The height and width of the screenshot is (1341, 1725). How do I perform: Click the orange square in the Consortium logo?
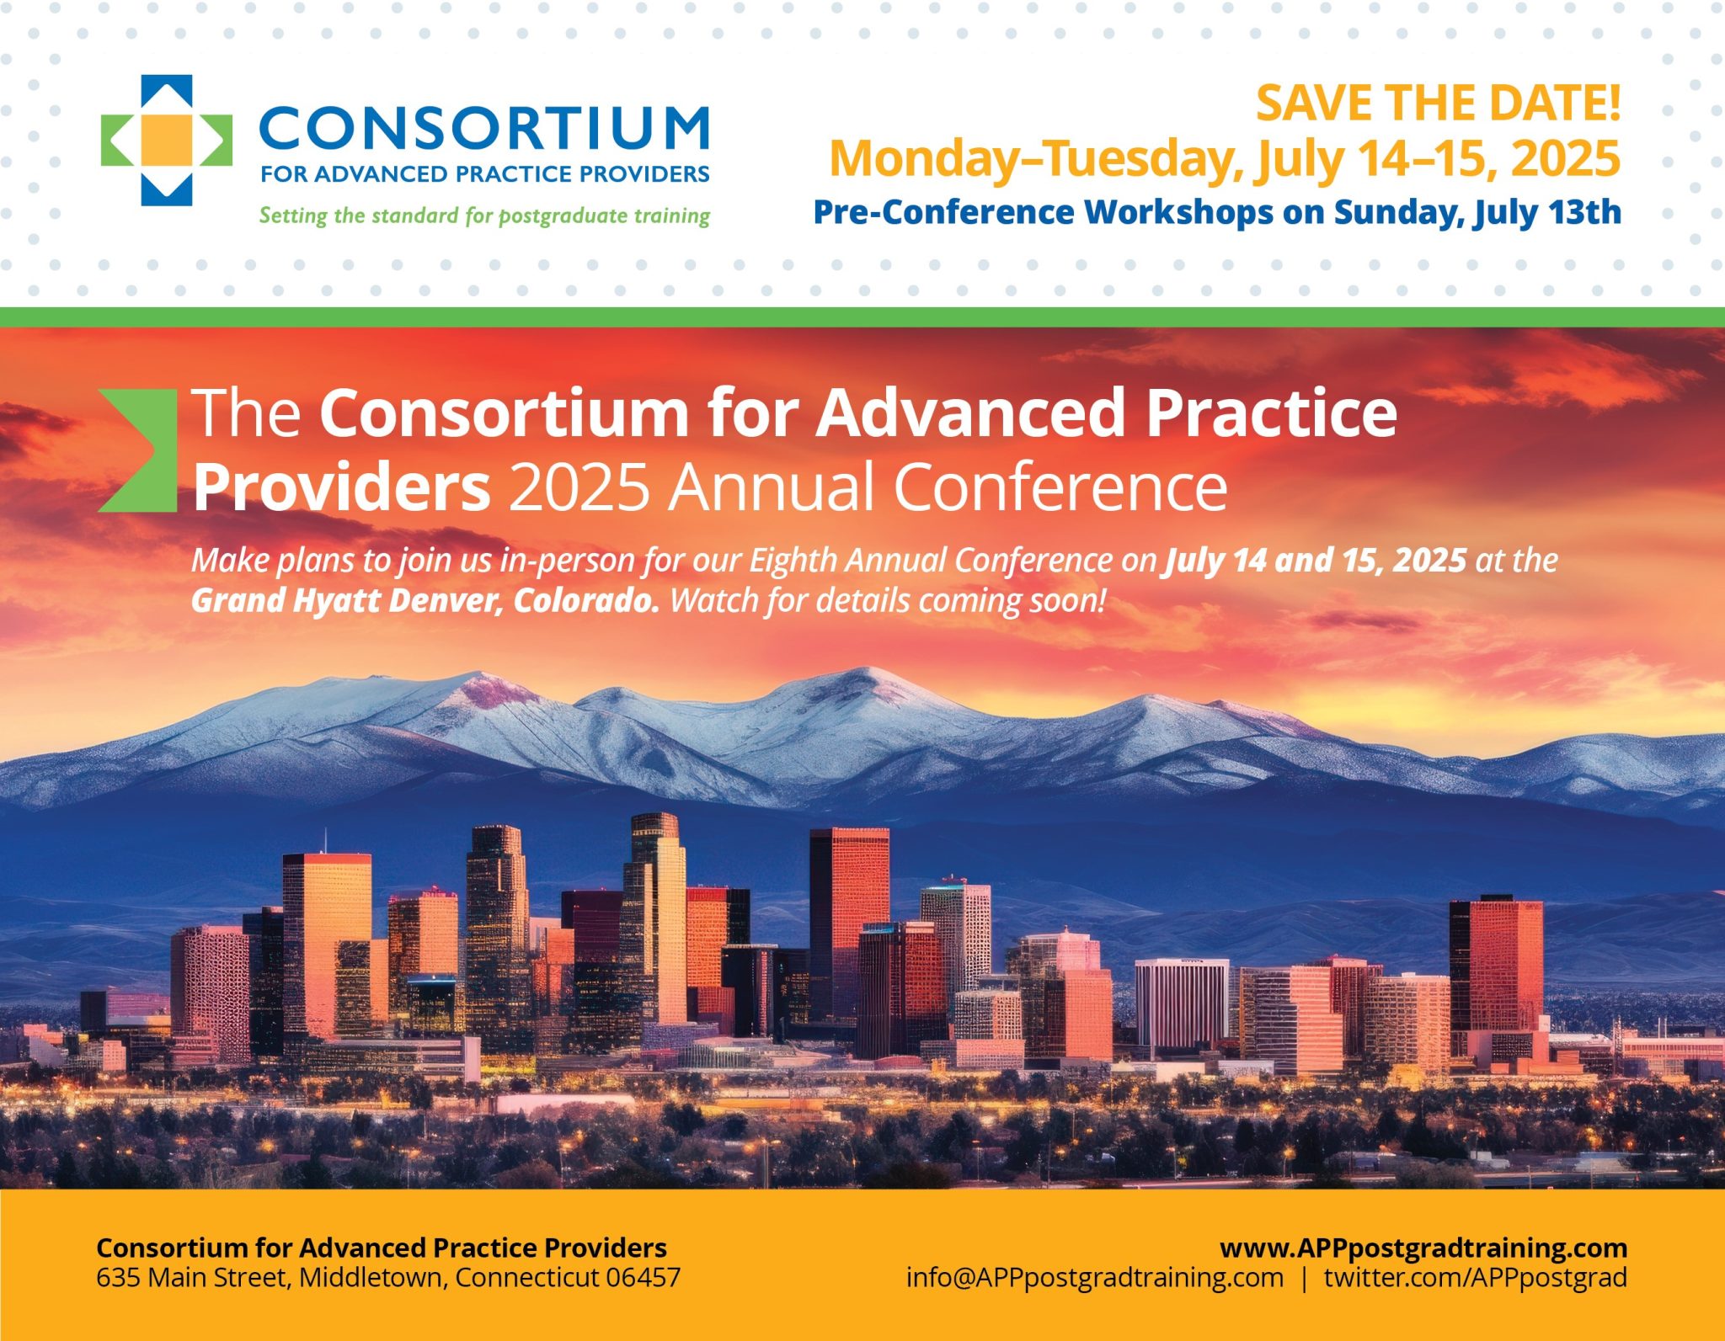click(165, 139)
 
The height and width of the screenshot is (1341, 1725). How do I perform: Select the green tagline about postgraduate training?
click(484, 216)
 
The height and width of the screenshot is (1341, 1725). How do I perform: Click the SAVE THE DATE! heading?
click(1437, 103)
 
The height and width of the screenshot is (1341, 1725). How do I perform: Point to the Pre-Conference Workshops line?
click(1216, 212)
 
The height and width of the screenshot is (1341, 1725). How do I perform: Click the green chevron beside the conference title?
click(140, 450)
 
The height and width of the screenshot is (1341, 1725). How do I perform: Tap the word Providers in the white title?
click(341, 488)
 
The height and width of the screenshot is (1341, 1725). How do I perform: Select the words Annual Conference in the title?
click(947, 488)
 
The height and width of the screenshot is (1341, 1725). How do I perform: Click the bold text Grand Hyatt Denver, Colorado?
click(425, 601)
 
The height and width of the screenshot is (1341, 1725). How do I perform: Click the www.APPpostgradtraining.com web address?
click(1423, 1247)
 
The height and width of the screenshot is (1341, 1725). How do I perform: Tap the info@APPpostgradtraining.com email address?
click(1094, 1277)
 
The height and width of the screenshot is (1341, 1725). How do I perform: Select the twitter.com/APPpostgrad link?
click(1475, 1277)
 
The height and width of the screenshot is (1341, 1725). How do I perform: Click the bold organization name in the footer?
click(381, 1247)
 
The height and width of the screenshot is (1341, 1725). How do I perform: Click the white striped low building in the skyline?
click(1181, 1002)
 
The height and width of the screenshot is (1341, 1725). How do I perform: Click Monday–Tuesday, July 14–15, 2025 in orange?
click(1225, 158)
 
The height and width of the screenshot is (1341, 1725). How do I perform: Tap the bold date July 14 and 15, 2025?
click(1314, 561)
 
